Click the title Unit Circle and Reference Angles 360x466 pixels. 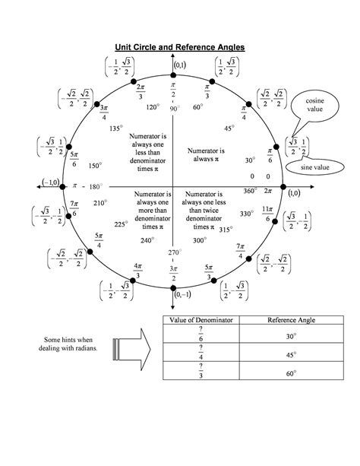(x=179, y=47)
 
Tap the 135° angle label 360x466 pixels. (x=115, y=128)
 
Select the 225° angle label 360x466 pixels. (x=119, y=224)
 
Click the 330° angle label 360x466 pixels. (x=246, y=214)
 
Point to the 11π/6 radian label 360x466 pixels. (x=267, y=213)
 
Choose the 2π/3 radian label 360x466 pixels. (x=141, y=92)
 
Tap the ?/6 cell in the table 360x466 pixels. (x=201, y=336)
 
